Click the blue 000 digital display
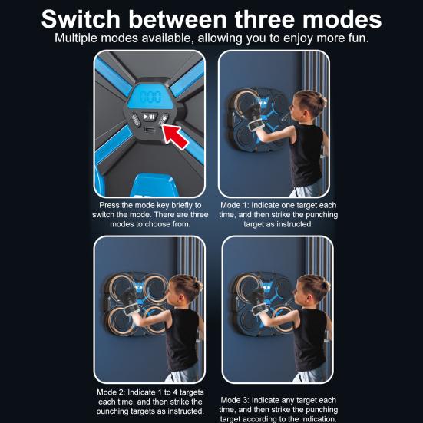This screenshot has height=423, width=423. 150,97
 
